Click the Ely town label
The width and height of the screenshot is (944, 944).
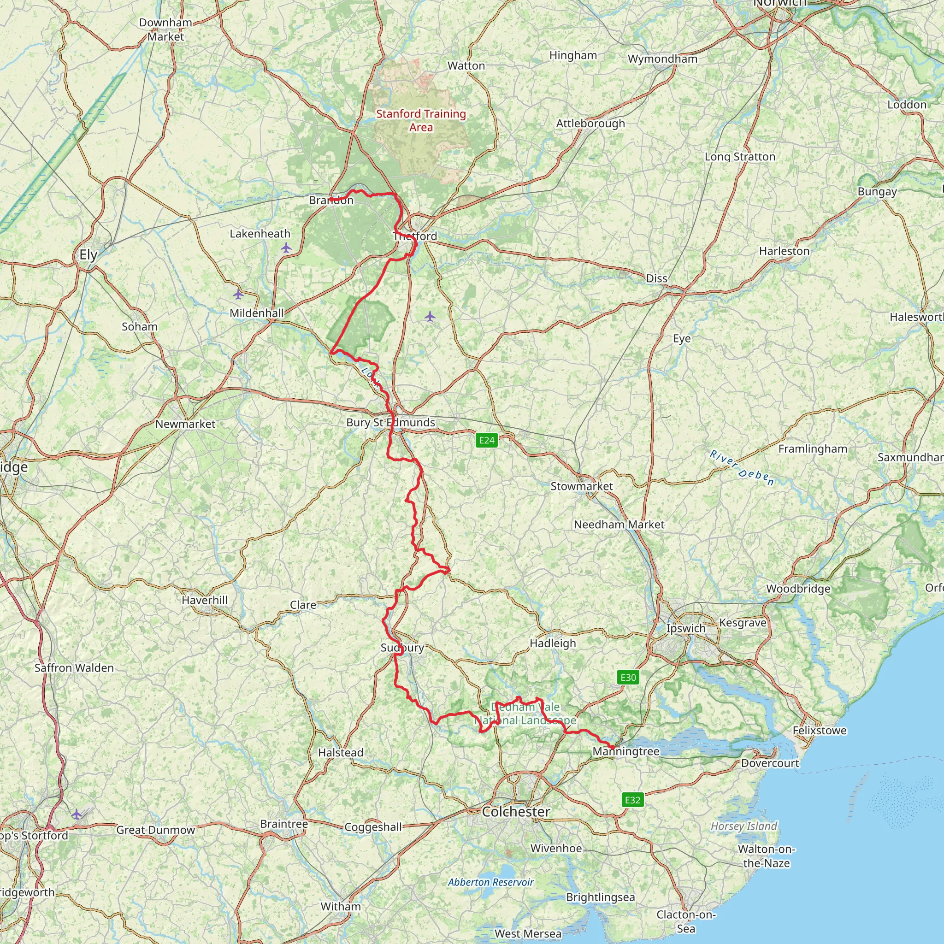[88, 254]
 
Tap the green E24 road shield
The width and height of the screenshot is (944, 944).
[486, 440]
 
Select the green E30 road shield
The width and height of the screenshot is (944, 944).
[628, 677]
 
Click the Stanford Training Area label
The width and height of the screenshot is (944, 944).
[421, 120]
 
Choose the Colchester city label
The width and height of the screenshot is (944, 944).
[515, 812]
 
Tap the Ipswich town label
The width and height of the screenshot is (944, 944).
[685, 628]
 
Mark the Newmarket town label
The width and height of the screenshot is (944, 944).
[185, 424]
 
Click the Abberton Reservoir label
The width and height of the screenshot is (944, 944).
[490, 882]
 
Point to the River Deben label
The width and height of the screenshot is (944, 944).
[742, 468]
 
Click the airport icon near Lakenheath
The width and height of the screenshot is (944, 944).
[286, 248]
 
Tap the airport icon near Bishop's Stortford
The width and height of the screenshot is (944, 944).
[76, 814]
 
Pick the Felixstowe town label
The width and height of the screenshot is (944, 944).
[820, 731]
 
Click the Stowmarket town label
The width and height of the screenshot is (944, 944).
[581, 486]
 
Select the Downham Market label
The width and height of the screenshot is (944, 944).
[165, 29]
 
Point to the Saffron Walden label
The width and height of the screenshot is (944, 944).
[74, 668]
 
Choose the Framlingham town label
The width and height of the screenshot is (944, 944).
[813, 448]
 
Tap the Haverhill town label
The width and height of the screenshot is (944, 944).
[204, 600]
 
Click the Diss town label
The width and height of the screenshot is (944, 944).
[656, 278]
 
